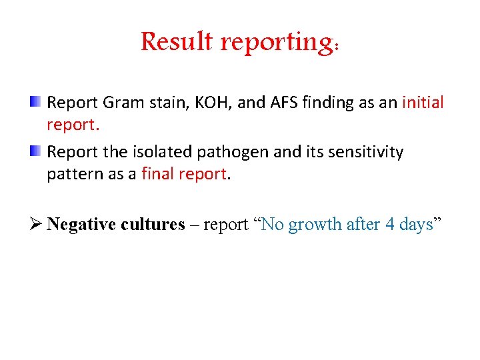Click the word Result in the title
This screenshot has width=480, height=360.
pyautogui.click(x=177, y=42)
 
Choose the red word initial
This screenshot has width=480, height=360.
pyautogui.click(x=423, y=103)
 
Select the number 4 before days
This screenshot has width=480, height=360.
pyautogui.click(x=390, y=225)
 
